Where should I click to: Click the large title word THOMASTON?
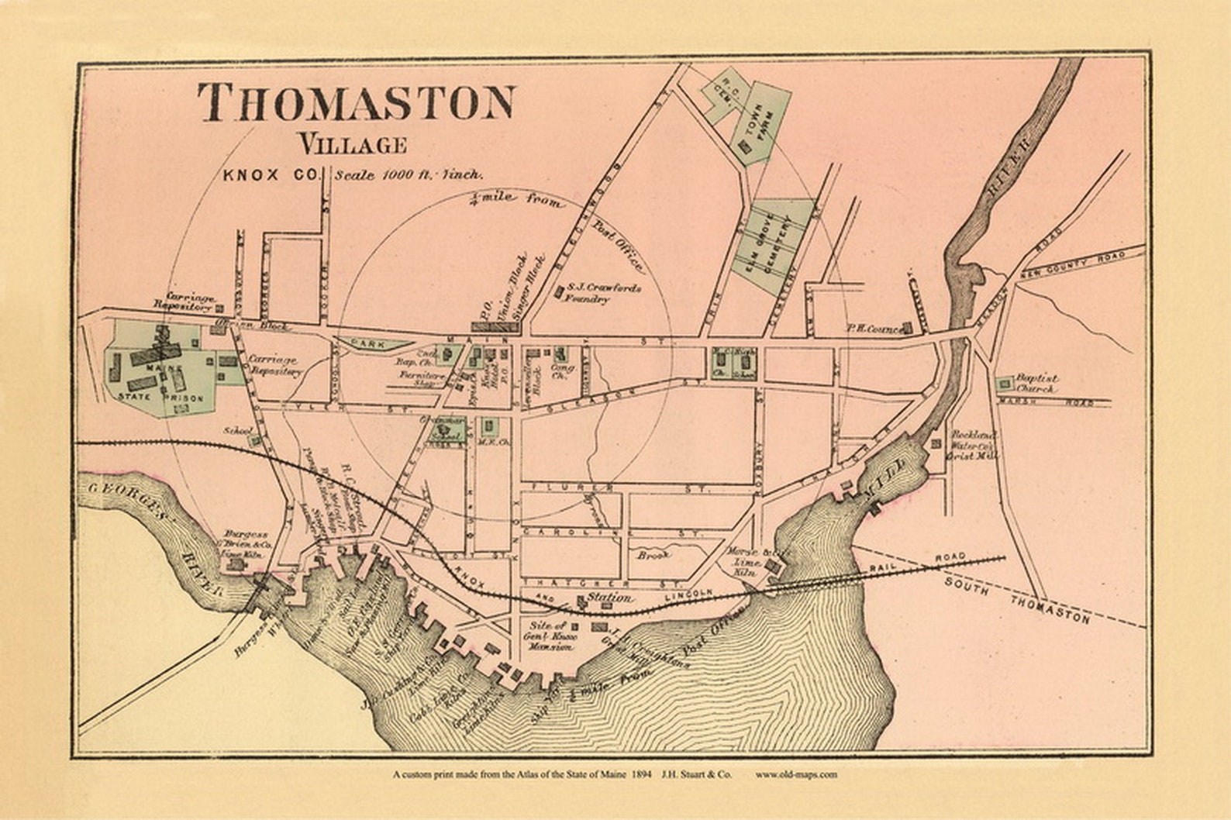pyautogui.click(x=357, y=102)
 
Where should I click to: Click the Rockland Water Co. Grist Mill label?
pyautogui.click(x=974, y=446)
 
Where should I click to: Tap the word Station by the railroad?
pyautogui.click(x=609, y=598)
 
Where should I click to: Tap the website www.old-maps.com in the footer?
pyautogui.click(x=797, y=773)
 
